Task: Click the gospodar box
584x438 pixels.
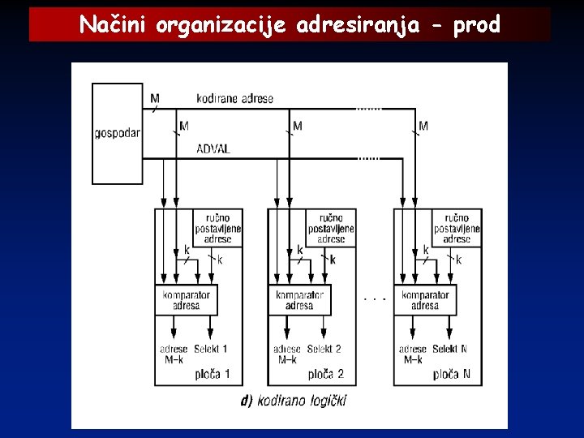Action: pos(117,133)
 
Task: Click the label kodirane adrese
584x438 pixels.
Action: pos(234,99)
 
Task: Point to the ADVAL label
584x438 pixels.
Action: pos(213,149)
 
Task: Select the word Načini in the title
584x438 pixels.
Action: pos(113,26)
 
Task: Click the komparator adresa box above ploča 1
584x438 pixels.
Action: pos(187,300)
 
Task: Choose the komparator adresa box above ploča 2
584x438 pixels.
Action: pos(299,300)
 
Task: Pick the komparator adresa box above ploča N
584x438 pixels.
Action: pos(425,300)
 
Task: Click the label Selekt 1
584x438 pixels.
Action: pos(212,350)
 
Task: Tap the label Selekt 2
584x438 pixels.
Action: pos(325,350)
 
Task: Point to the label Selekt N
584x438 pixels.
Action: pos(451,350)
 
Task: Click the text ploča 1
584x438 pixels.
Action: pos(213,374)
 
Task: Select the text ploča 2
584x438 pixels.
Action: pos(326,374)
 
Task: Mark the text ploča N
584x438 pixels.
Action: pos(452,374)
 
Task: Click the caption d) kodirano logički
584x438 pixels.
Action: pos(294,400)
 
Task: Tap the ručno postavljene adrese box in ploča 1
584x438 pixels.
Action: pos(217,229)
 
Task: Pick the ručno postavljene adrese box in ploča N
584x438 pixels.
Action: pos(457,229)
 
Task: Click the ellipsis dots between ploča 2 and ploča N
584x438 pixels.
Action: pos(375,299)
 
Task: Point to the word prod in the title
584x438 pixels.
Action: pos(476,26)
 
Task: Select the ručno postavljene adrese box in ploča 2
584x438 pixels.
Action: pos(331,229)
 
